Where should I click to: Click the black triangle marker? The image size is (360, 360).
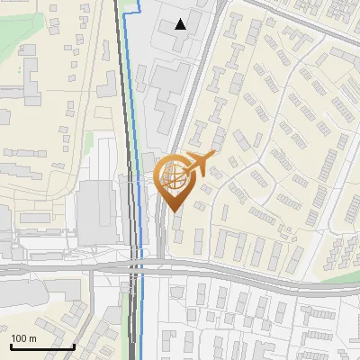tap(181, 23)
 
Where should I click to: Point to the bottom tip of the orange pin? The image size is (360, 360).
tap(172, 211)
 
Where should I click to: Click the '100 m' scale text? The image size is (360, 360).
tap(24, 337)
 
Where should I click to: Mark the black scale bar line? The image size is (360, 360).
tap(42, 346)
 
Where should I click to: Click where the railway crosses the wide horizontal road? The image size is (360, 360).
tap(133, 266)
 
